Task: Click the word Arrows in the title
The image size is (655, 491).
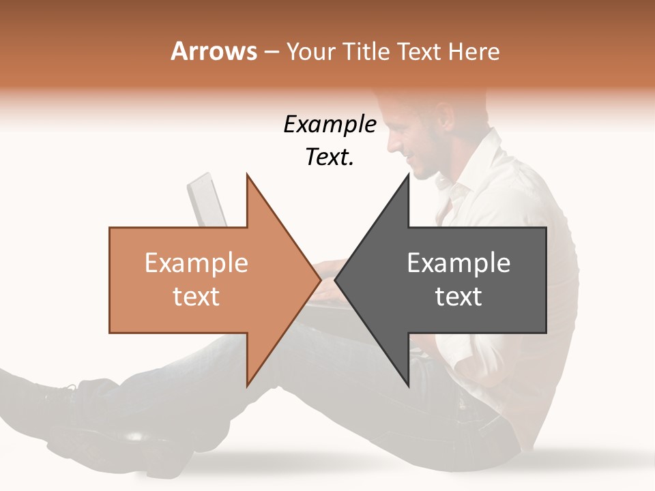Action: [x=214, y=51]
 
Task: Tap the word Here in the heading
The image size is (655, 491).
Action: [x=474, y=51]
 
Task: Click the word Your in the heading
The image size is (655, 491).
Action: [x=311, y=51]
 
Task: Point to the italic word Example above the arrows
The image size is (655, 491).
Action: [x=330, y=124]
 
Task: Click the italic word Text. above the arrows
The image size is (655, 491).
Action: [x=330, y=158]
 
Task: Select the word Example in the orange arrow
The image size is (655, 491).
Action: [x=196, y=263]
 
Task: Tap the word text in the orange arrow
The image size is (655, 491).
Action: [x=196, y=297]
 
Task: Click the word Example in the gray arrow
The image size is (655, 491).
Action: [x=458, y=263]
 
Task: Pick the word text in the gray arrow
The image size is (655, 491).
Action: [x=458, y=297]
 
